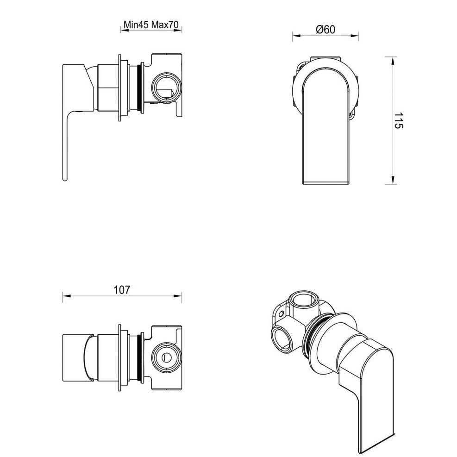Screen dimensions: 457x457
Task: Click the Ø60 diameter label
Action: pos(326,29)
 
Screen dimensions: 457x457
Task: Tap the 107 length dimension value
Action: pos(121,290)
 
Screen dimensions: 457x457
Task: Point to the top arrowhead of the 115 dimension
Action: pos(393,58)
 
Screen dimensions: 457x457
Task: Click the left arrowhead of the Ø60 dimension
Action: pos(294,36)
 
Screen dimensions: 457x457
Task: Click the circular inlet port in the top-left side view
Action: pos(164,87)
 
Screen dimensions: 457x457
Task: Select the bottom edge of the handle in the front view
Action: pos(326,184)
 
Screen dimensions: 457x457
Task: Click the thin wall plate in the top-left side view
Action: pos(121,88)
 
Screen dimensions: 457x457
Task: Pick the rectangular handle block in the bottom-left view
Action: pos(74,357)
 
